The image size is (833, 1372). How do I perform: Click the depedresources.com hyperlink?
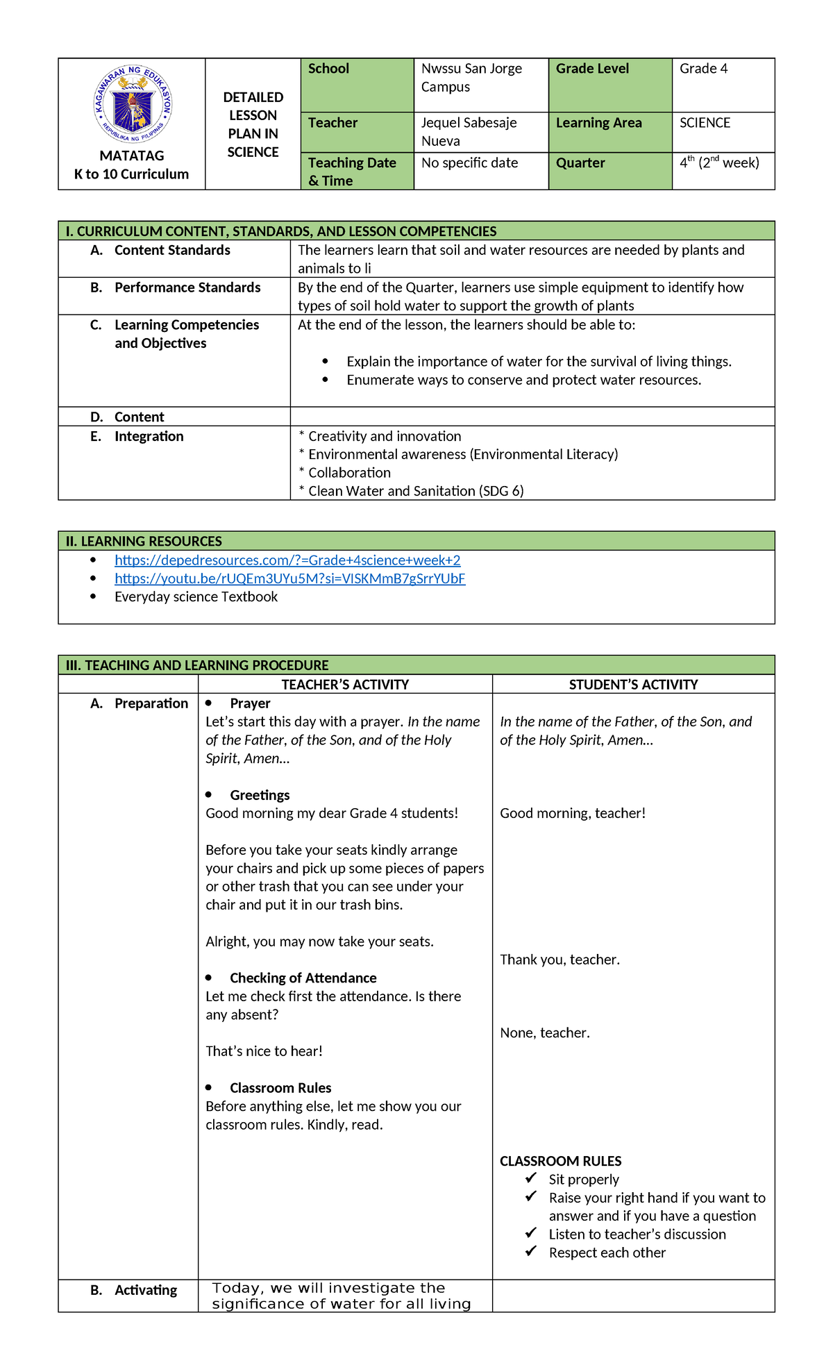(287, 560)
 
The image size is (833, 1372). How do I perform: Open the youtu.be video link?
(289, 578)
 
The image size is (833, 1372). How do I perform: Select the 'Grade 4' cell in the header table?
(703, 69)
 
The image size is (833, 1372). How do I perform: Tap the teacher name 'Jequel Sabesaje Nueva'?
(469, 131)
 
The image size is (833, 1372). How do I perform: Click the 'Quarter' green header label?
(580, 163)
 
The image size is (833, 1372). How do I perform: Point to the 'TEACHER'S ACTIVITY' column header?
(345, 685)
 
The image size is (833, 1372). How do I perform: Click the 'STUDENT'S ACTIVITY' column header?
(633, 685)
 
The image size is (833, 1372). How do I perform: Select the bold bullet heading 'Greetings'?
(260, 795)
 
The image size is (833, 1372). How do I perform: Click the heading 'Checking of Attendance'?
(303, 978)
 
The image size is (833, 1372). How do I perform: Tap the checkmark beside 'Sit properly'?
(531, 1178)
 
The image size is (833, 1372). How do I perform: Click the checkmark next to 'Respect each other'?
(531, 1251)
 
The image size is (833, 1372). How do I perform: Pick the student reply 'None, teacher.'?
(545, 1032)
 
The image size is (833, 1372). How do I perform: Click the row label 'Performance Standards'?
(187, 287)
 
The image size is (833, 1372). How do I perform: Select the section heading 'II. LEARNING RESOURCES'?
(144, 542)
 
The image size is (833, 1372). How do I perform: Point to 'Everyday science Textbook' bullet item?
(196, 597)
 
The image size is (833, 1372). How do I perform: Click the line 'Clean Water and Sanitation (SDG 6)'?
(415, 491)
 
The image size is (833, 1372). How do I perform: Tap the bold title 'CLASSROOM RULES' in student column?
(560, 1161)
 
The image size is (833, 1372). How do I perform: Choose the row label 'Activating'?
(146, 1290)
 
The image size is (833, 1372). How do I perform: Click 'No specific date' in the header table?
(469, 163)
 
